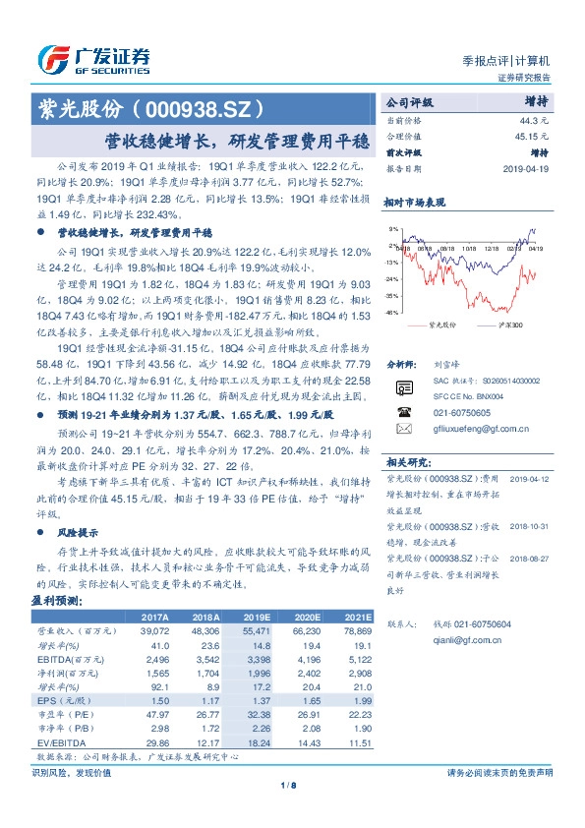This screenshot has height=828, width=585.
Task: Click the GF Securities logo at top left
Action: pyautogui.click(x=93, y=57)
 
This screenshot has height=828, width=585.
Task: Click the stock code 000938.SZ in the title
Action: pyautogui.click(x=201, y=104)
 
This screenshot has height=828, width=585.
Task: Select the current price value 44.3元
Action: pyautogui.click(x=536, y=119)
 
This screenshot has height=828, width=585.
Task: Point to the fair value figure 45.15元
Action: pyautogui.click(x=532, y=136)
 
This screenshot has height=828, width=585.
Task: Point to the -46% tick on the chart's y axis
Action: pyautogui.click(x=392, y=313)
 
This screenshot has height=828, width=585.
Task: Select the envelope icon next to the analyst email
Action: pyautogui.click(x=402, y=429)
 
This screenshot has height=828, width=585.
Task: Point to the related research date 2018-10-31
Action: pyautogui.click(x=532, y=528)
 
